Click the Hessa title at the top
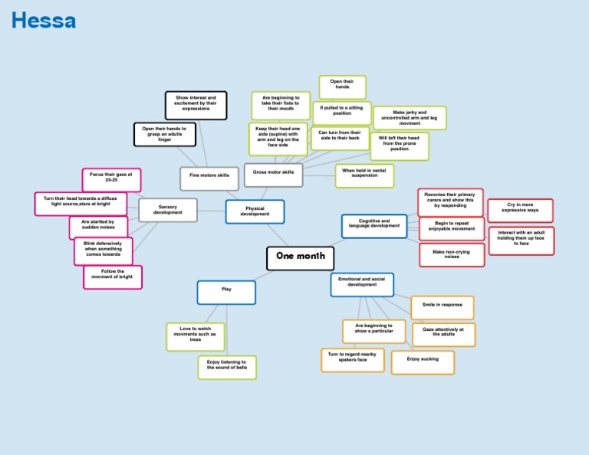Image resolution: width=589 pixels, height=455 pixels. point(44,21)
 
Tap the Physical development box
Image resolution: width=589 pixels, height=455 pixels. point(255,211)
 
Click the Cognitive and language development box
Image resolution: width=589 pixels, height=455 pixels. point(373,225)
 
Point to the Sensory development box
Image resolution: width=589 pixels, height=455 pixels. point(167,210)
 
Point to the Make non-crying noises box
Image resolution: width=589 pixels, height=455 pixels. point(452,254)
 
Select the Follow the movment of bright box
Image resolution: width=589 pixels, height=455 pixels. point(113,277)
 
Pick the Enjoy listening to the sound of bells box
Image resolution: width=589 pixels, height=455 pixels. point(227,367)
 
